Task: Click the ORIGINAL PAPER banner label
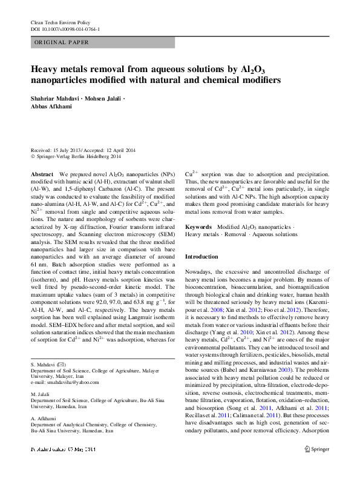62,42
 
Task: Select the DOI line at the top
65,28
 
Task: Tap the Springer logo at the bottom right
316,466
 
